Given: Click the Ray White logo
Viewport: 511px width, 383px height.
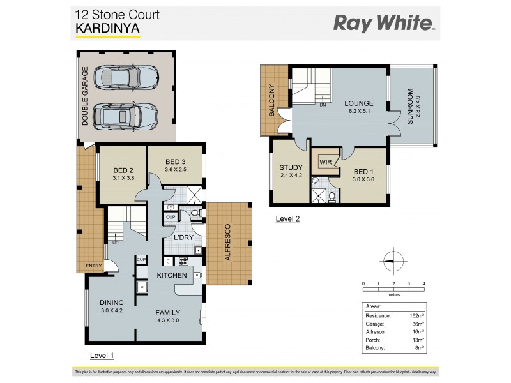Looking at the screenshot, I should tap(384, 24).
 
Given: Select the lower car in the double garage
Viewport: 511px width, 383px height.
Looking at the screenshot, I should tap(125, 116).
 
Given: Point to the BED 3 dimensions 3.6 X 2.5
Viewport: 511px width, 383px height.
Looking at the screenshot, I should tap(175, 170).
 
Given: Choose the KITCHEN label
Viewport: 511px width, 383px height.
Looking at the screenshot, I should tap(173, 275).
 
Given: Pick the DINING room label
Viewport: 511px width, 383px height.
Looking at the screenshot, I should tap(111, 303).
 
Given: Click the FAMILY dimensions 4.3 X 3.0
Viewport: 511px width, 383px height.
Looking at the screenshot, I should tap(169, 321).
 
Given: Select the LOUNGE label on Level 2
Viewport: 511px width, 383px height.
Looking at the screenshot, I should tap(358, 103).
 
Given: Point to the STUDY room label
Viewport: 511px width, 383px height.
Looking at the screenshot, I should tap(291, 168).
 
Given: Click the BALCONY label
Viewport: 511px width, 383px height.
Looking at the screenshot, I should tap(271, 100).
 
